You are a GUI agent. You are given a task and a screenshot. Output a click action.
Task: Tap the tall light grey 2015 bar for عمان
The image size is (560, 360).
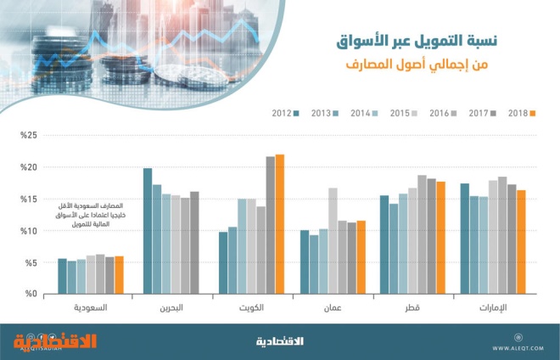tap(333, 241)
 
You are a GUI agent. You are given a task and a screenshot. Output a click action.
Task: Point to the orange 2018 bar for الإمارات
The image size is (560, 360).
tap(522, 242)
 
